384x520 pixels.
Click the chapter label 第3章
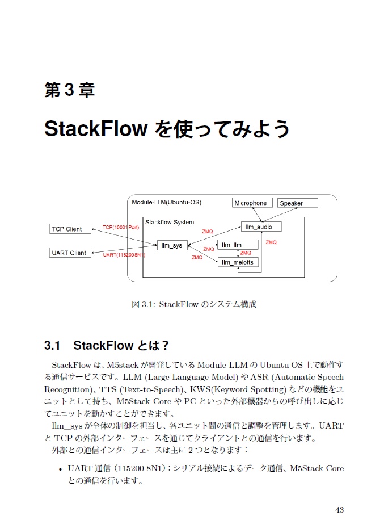coord(69,90)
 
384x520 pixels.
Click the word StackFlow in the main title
coord(96,129)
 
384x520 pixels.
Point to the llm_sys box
coord(172,245)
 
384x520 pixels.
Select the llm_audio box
coord(260,227)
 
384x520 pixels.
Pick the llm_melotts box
coord(238,262)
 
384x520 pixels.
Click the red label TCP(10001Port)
coord(121,227)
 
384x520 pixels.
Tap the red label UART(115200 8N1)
coord(124,255)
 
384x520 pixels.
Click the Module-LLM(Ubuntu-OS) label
coord(166,202)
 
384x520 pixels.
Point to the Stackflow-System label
coord(170,222)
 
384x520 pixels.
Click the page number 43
coord(340,509)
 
